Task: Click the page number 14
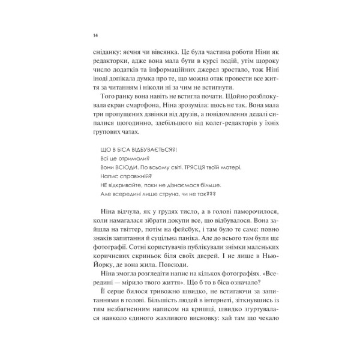coord(95,35)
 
